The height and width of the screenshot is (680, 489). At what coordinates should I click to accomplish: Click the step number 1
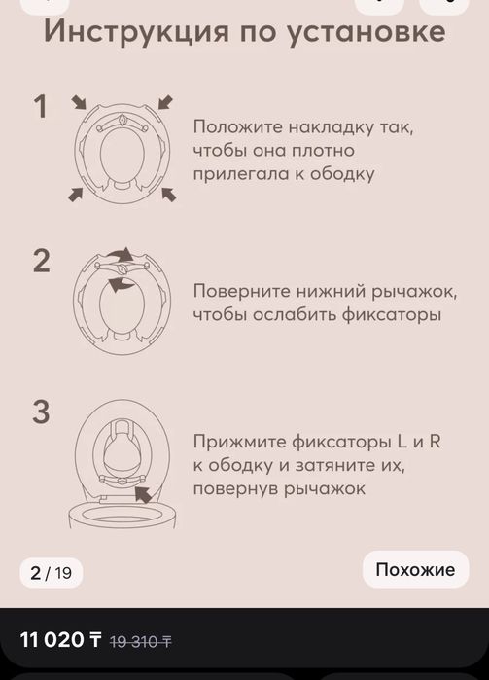(x=40, y=107)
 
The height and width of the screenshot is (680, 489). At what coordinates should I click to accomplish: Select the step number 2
(x=41, y=261)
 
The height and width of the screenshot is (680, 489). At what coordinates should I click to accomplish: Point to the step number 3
(x=41, y=412)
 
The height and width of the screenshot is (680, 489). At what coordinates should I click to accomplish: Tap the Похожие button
(x=415, y=569)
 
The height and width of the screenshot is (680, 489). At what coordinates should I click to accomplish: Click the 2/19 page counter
(x=51, y=572)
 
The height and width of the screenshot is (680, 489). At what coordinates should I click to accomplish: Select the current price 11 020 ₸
(x=61, y=640)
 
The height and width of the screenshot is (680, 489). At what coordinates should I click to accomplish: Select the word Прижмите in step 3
(x=237, y=442)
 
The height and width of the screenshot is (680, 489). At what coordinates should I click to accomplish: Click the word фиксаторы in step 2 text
(x=395, y=314)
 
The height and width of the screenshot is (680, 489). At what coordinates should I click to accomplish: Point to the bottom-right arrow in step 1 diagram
(x=168, y=195)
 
